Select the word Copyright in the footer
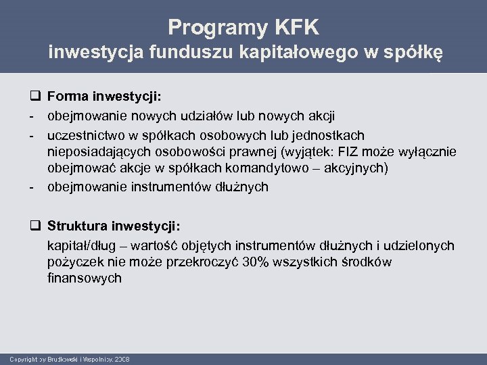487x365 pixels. (x=23, y=358)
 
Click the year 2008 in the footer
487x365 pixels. (x=122, y=358)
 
